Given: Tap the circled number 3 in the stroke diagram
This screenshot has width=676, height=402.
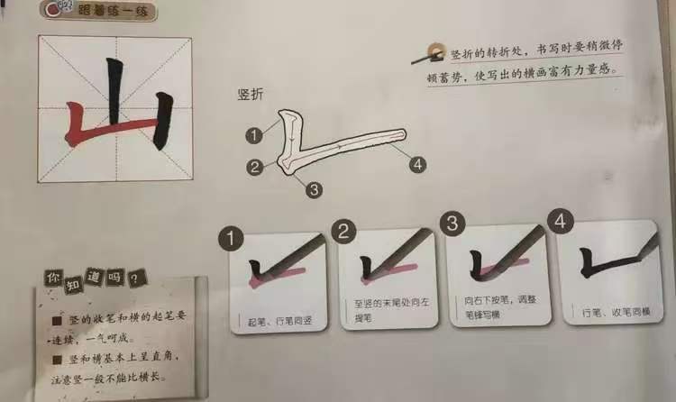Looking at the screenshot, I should [x=313, y=189].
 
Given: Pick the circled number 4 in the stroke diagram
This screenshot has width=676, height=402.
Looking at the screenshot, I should [x=416, y=164].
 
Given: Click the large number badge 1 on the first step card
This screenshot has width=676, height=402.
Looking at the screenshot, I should [x=233, y=240].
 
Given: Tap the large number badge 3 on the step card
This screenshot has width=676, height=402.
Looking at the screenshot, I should [x=453, y=226].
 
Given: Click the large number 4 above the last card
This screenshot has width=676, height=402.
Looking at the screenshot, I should [x=563, y=222].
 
